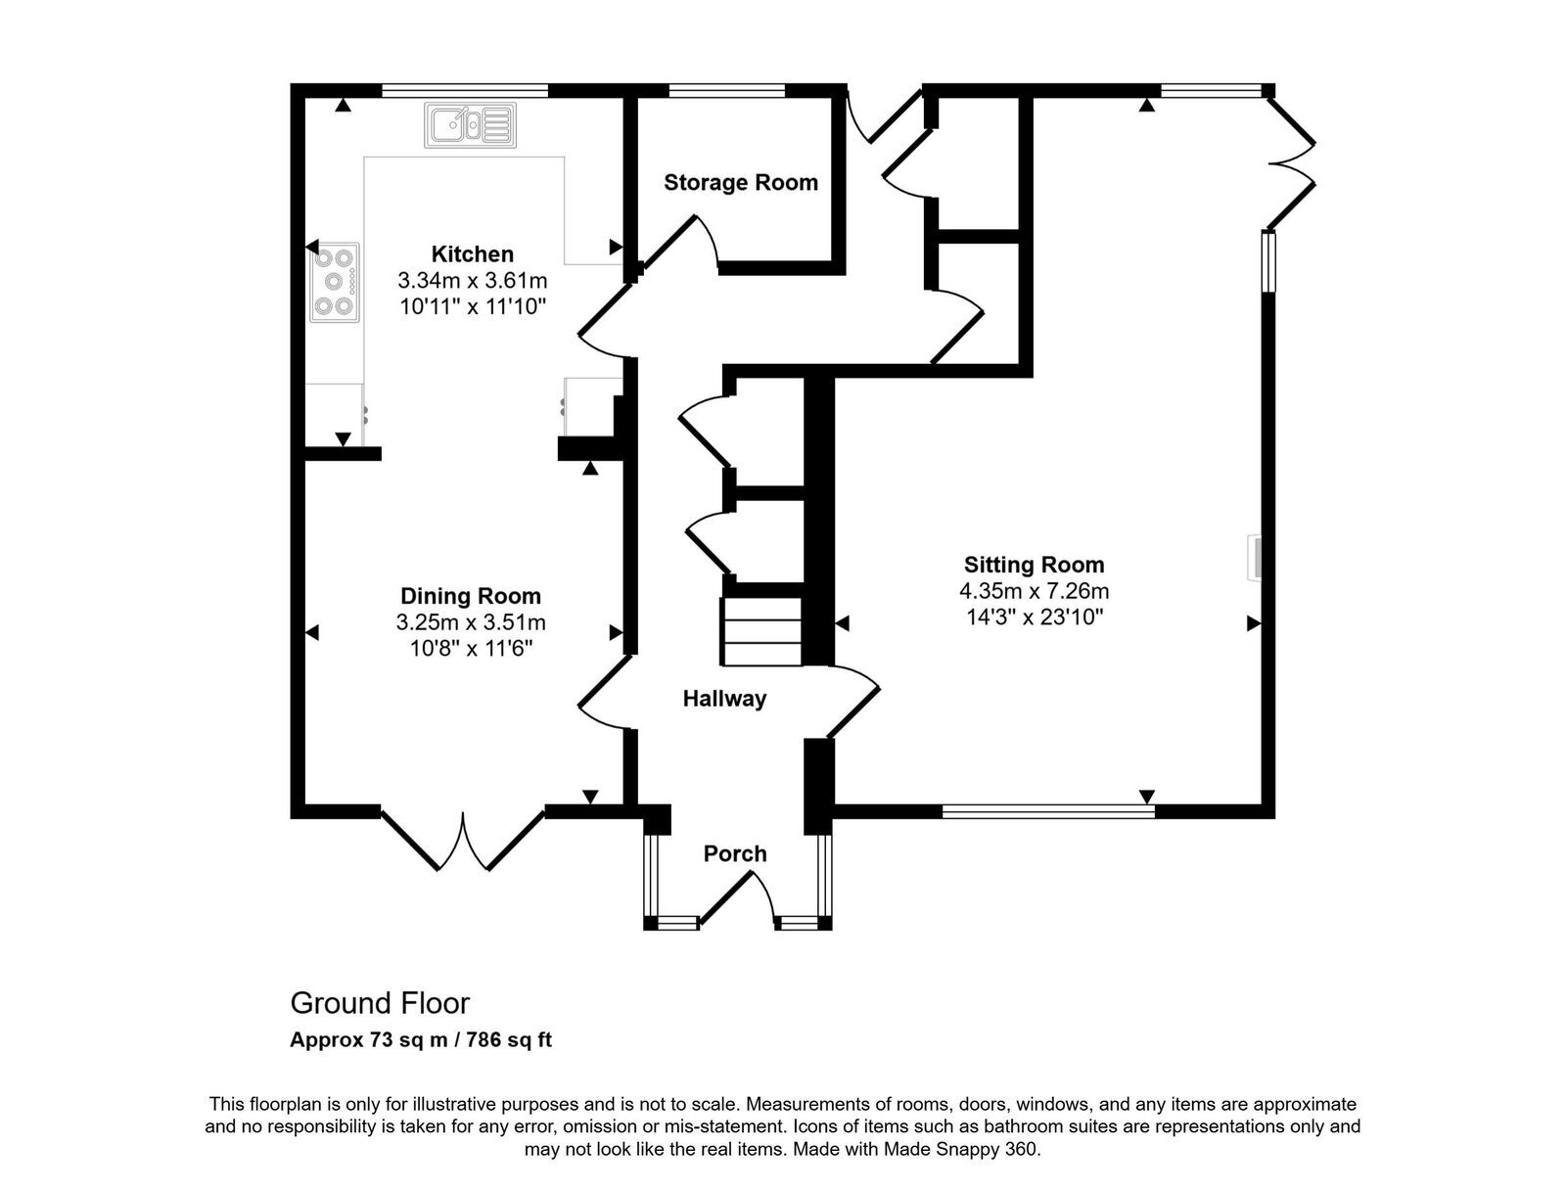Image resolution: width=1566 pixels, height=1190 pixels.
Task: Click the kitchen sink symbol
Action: point(470,125)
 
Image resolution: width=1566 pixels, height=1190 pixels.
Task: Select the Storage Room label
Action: point(741,183)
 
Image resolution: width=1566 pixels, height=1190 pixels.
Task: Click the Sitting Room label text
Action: point(1034,565)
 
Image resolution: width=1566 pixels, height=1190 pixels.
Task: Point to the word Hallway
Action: point(724,698)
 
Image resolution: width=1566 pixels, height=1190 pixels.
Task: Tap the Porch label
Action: point(735,853)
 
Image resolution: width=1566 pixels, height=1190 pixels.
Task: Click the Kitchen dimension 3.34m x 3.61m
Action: point(473,280)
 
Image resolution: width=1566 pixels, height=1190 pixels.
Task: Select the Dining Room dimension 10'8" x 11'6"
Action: point(471,649)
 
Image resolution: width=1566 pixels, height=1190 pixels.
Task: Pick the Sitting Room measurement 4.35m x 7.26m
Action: point(1034,591)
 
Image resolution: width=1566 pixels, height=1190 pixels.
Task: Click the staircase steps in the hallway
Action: point(762,631)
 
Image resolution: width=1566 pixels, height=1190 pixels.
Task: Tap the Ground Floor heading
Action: point(380,1003)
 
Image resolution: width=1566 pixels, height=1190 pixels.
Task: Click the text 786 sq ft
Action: point(509,1040)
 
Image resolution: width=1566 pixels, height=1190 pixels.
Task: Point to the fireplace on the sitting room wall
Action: point(1254,558)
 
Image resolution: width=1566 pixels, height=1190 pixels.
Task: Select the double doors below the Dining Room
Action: point(463,840)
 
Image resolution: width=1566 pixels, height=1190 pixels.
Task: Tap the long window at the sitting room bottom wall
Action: point(1048,810)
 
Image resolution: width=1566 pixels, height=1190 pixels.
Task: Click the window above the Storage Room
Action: point(726,90)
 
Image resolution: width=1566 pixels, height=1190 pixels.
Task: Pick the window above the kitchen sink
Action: point(465,90)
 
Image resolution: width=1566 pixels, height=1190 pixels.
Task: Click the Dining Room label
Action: point(471,596)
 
